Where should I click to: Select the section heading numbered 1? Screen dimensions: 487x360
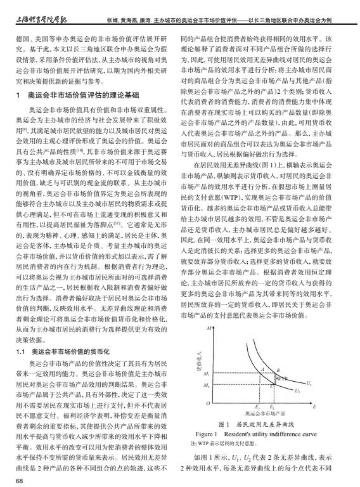click(77, 95)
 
